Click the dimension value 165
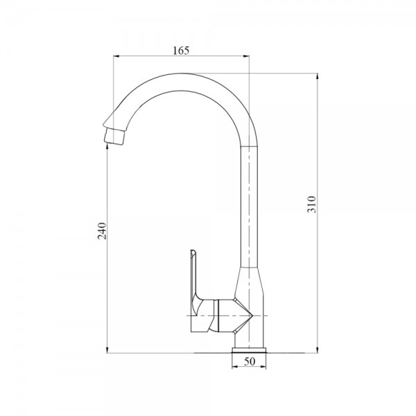coord(179,50)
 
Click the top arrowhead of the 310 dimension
coord(317,74)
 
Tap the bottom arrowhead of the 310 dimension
coord(317,350)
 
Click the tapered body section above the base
coord(251,284)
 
